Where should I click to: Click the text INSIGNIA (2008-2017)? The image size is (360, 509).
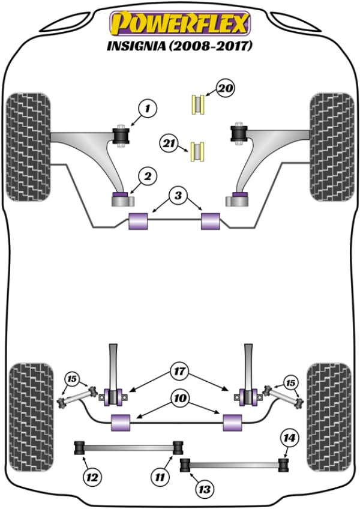(178, 46)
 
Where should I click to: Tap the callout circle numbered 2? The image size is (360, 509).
(148, 176)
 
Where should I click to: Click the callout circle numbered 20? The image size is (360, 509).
(225, 89)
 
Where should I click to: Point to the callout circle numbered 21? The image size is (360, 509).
(169, 143)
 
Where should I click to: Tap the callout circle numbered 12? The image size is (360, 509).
(91, 478)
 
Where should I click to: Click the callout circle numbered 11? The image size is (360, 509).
(159, 478)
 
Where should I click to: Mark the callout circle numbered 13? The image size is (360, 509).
(205, 489)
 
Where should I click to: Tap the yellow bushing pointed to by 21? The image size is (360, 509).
(197, 151)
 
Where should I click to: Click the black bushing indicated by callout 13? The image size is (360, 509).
(186, 464)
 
